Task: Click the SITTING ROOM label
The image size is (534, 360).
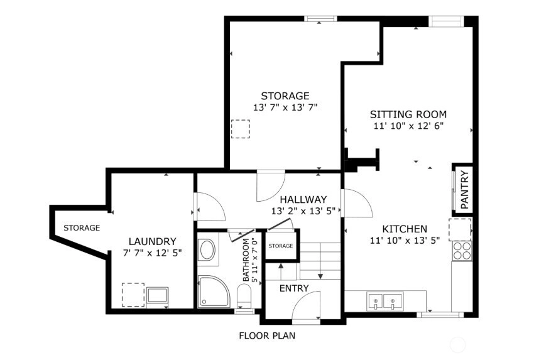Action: pos(408,114)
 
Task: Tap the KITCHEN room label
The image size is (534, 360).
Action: pos(405,229)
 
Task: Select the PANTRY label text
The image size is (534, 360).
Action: pos(464,190)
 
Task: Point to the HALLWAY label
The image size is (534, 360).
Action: pos(303,200)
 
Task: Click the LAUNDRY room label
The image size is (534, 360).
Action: pos(152,241)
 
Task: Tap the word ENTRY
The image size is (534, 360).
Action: pos(294,288)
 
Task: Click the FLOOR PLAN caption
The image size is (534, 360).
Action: pos(267,336)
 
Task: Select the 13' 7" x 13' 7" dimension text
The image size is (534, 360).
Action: pos(285,107)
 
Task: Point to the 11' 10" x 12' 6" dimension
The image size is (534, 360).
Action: pos(408,126)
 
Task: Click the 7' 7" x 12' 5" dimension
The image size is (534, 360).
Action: pos(152,253)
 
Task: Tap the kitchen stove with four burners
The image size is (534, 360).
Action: pos(462,251)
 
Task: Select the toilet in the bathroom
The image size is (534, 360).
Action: pos(244,296)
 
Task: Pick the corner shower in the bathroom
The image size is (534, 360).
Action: pos(213,292)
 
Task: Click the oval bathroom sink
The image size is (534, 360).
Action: pos(207,250)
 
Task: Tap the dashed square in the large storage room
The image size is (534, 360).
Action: pos(241,129)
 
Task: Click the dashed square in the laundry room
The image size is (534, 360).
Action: pos(133,295)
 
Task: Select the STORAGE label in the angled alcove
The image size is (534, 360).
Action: pos(82,228)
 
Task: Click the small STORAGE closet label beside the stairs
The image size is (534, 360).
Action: pos(281,246)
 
